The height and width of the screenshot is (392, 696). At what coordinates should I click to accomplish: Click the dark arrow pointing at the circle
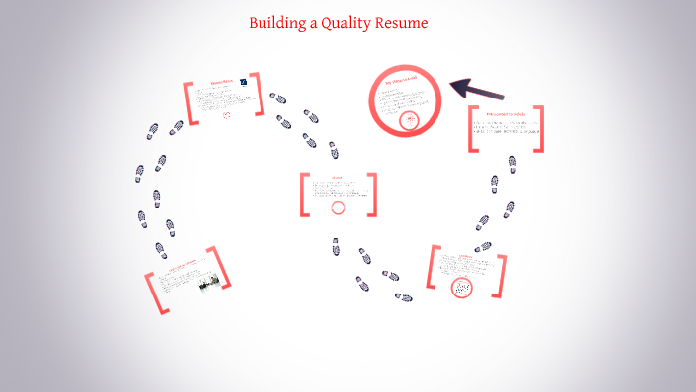[x=480, y=90]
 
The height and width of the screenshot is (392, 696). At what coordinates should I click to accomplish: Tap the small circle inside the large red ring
[x=409, y=121]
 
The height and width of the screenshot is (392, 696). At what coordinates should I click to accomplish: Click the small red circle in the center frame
[x=338, y=207]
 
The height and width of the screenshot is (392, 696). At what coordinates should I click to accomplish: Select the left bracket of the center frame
[x=305, y=195]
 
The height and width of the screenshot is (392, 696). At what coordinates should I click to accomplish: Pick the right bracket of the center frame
[x=372, y=195]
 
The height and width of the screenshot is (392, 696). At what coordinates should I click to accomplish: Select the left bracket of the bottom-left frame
[x=153, y=295]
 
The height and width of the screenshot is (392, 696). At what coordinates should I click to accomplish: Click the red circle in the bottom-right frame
[x=461, y=289]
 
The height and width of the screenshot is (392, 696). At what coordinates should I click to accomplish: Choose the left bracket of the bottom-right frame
[x=435, y=269]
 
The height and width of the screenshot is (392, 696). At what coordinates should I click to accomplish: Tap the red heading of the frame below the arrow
[x=505, y=114]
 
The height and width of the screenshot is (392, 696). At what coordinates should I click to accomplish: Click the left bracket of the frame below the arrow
[x=474, y=129]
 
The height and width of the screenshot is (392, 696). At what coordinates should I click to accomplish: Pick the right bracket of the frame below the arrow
[x=539, y=129]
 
